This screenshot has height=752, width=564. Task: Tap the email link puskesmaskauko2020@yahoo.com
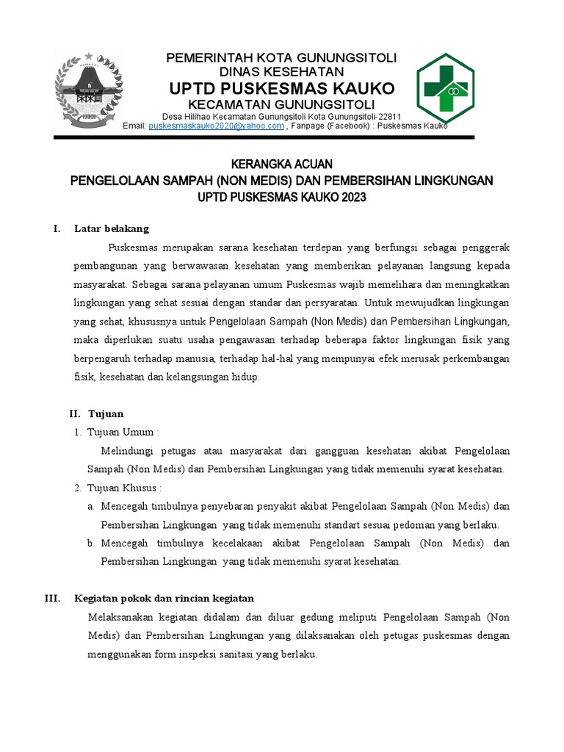(x=216, y=126)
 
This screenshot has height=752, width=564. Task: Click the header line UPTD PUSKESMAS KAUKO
(x=282, y=89)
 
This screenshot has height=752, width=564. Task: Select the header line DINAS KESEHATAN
(x=282, y=72)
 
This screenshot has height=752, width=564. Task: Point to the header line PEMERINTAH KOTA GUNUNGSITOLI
(x=282, y=58)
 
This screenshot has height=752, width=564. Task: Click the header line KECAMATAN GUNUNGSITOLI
(x=282, y=104)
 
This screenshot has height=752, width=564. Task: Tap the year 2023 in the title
(x=352, y=198)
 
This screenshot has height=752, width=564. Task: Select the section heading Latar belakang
(x=112, y=228)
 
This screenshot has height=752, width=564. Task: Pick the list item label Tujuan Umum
(x=122, y=432)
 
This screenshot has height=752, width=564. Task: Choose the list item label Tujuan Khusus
(x=123, y=488)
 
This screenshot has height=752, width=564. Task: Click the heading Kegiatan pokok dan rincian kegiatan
(x=164, y=599)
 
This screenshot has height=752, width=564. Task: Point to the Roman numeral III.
(x=52, y=599)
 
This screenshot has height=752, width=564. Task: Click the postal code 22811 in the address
(x=387, y=117)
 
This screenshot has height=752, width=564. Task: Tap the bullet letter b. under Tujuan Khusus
(x=92, y=543)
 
